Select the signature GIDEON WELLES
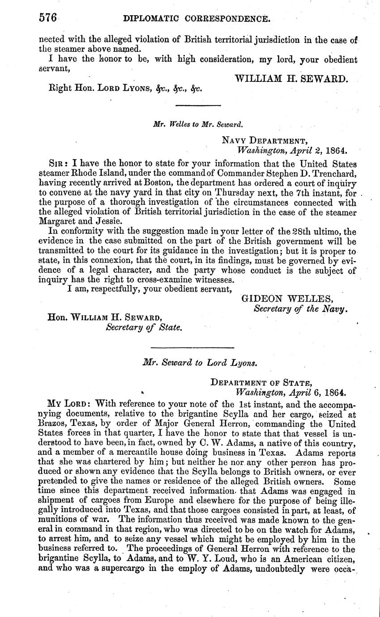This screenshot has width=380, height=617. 287,299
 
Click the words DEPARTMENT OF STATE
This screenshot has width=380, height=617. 261,382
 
